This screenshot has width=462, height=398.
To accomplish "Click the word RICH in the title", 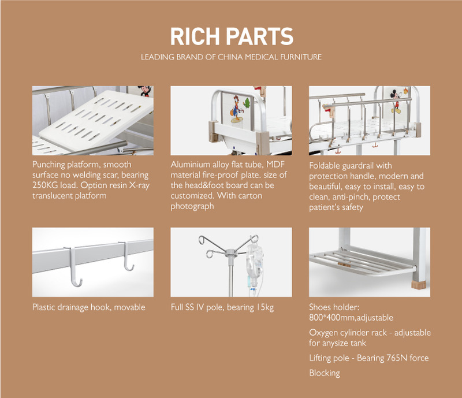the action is coord(195,36).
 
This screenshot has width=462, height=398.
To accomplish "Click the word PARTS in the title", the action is coord(260,36).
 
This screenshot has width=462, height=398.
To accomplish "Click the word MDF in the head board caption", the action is coord(275,165).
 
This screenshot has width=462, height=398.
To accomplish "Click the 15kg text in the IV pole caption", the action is coord(265,307).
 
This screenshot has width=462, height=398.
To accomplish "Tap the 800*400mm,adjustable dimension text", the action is coord(351,318).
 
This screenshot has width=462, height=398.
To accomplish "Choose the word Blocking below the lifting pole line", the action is coord(325,373).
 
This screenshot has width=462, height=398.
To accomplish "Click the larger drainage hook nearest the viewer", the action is coord(74,267).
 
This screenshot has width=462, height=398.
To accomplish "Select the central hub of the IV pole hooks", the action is coord(230,252).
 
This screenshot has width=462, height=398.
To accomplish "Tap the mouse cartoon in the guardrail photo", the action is coord(397,102).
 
